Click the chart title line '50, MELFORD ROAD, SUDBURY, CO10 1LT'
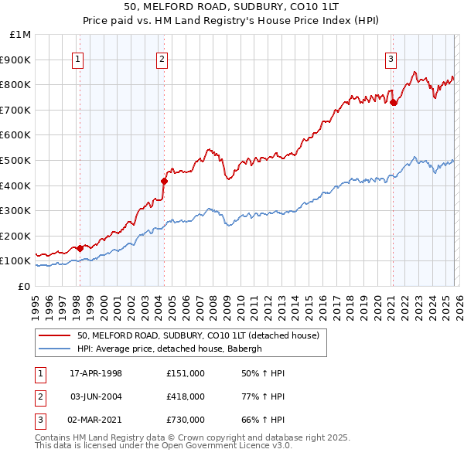[x=232, y=7]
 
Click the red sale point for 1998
[x=80, y=248]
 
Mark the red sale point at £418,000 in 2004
[x=164, y=181]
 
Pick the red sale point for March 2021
[x=393, y=102]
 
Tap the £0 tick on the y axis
[x=23, y=286]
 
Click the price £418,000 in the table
[x=185, y=396]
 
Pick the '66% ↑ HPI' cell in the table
[x=263, y=420]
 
